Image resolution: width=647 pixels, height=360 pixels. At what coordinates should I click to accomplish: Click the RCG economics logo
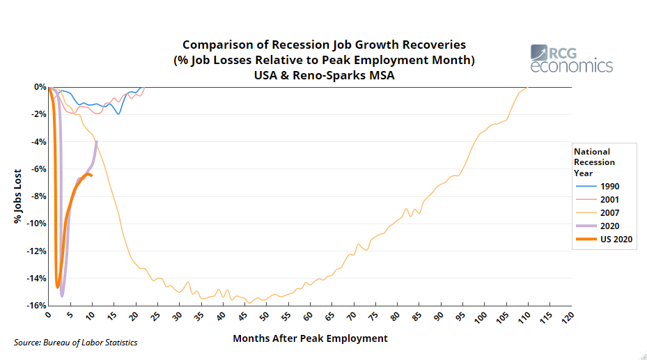571,58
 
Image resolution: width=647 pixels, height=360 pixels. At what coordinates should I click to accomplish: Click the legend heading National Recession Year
594,162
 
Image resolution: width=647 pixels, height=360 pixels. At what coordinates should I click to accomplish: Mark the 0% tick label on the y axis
39,87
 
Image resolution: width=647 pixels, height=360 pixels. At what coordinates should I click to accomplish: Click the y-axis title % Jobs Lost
17,196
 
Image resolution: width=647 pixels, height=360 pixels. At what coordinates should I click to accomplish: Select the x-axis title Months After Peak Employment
310,338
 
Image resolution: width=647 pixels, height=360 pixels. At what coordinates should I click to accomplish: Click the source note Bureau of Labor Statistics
76,343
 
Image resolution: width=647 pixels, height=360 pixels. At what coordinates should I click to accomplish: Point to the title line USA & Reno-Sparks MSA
324,76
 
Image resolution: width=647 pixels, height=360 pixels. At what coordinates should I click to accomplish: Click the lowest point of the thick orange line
58,287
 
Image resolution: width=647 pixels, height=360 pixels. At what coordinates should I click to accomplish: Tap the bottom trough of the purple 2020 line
62,296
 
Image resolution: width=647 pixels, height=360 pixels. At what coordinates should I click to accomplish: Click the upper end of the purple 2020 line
96,141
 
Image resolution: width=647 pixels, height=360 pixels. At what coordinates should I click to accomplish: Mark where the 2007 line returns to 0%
527,87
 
